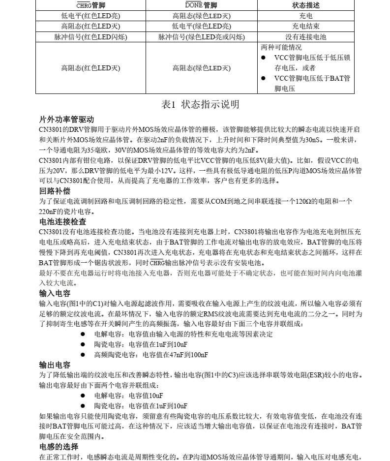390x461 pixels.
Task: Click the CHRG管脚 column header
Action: [90, 5]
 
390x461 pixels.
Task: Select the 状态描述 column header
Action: [305, 5]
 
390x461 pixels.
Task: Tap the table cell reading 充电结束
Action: [305, 26]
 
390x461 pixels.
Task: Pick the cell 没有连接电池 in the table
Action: [305, 37]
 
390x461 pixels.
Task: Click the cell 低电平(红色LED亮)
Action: [90, 16]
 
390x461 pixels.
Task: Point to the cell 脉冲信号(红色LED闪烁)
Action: [90, 37]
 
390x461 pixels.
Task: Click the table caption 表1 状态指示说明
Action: [200, 104]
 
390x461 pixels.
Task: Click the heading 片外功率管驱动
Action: [66, 120]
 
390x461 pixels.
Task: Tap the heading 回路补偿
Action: [55, 191]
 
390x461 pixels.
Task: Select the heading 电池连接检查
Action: [62, 221]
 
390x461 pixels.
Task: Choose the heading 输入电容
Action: [55, 293]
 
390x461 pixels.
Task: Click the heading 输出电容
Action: [55, 365]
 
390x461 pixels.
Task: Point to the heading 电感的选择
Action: [59, 447]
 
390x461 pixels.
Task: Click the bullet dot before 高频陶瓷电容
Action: [84, 355]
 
